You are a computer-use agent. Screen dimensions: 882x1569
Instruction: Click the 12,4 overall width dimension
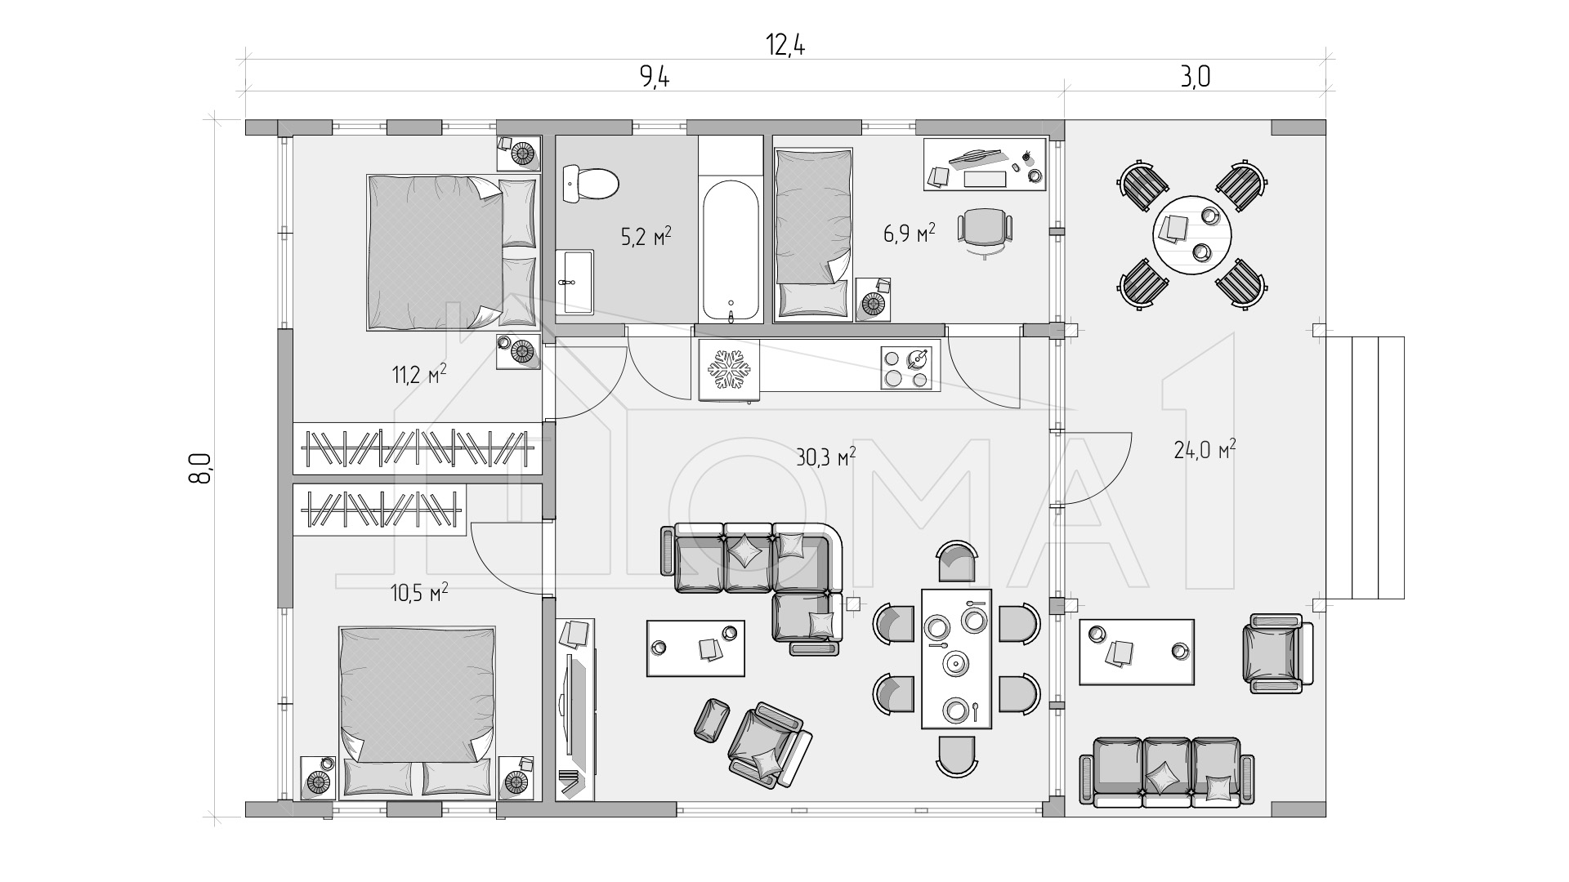pos(785,46)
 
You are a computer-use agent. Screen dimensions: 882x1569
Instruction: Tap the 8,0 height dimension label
pos(201,468)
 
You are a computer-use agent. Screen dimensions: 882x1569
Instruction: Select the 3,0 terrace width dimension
pos(1195,77)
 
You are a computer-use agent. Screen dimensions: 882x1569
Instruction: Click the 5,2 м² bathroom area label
pos(646,238)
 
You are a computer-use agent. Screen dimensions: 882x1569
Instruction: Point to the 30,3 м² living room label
pos(825,457)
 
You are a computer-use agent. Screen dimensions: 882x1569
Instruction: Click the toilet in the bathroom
pos(591,184)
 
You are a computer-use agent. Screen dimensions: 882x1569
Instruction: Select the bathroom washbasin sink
pos(575,282)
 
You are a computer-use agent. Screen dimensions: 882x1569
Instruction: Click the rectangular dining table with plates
pos(956,657)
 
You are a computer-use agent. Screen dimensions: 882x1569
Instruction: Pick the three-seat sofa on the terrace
pos(1167,773)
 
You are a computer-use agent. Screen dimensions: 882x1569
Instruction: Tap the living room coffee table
pos(695,648)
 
